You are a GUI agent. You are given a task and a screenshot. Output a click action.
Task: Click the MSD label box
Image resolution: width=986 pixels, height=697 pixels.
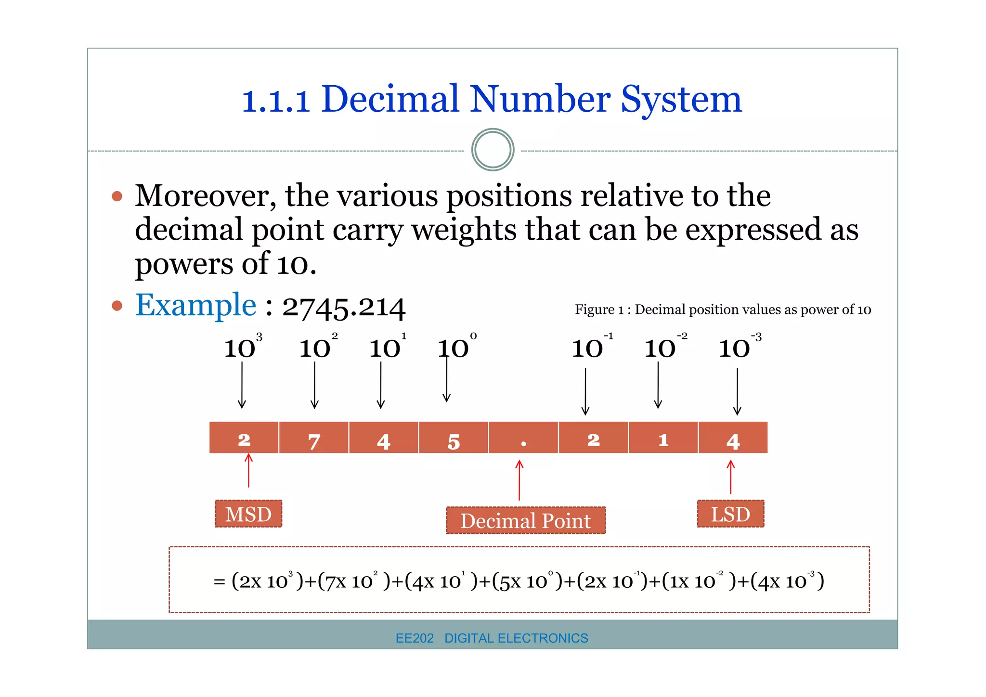[248, 514]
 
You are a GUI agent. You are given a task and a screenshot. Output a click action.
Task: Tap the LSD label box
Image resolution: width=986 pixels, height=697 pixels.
[730, 514]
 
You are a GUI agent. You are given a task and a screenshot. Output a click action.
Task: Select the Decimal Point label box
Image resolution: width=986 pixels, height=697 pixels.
[525, 520]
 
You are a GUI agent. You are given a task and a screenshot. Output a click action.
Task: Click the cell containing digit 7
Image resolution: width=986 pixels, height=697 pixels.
[313, 438]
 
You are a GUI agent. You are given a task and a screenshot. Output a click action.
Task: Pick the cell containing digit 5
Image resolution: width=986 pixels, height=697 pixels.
[454, 438]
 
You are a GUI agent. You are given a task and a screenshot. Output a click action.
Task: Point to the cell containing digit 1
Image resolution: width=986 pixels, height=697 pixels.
[663, 438]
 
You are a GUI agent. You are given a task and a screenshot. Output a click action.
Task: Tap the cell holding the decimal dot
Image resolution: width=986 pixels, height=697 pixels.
[523, 438]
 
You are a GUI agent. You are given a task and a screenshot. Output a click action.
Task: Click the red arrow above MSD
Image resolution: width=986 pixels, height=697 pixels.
[248, 471]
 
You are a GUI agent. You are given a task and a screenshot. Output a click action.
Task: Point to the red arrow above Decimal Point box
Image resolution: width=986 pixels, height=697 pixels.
[519, 480]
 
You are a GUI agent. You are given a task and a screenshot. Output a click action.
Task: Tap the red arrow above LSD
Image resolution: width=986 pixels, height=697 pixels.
[730, 477]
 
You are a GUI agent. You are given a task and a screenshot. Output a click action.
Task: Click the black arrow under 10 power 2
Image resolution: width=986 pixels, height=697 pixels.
[314, 385]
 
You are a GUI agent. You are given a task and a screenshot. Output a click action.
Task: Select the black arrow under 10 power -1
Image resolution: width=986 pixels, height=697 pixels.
[585, 391]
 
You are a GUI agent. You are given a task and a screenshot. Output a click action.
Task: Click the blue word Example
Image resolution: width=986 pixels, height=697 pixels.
[195, 305]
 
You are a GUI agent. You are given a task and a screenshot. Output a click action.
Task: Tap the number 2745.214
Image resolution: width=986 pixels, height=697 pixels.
[344, 307]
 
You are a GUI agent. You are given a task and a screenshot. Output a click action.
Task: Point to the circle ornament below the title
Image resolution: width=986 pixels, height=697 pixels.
[493, 150]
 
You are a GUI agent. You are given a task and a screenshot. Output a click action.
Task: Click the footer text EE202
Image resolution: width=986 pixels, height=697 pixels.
[414, 638]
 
